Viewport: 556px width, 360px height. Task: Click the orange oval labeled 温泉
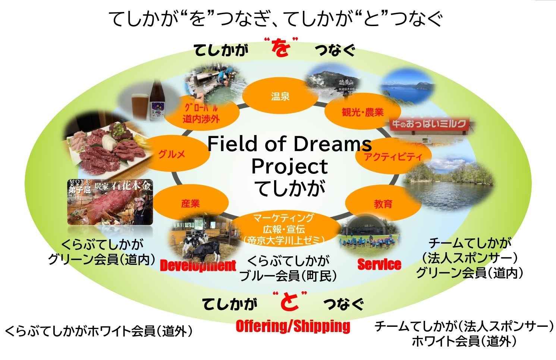point(280,96)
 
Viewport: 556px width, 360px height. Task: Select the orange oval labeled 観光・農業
point(362,111)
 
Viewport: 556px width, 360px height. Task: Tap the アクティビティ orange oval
point(393,156)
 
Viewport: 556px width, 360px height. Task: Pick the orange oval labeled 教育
point(383,204)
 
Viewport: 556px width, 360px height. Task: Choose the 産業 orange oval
point(191,203)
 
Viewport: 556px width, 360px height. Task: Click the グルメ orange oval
point(172,154)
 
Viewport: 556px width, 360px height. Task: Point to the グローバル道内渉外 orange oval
point(201,114)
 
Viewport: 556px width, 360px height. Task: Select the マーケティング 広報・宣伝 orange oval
point(284,228)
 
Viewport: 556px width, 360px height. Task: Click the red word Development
point(198,265)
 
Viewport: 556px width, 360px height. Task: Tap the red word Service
point(379,264)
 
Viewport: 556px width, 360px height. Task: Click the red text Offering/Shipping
point(293,326)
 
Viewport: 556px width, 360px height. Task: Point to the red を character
point(280,48)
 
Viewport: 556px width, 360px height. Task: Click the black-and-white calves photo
point(198,242)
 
